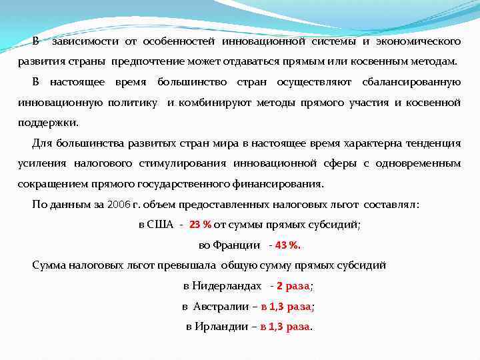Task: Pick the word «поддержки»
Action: (48, 123)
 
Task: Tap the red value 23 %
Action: (200, 225)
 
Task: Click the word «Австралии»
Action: (218, 307)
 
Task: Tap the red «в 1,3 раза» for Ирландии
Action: (285, 327)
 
